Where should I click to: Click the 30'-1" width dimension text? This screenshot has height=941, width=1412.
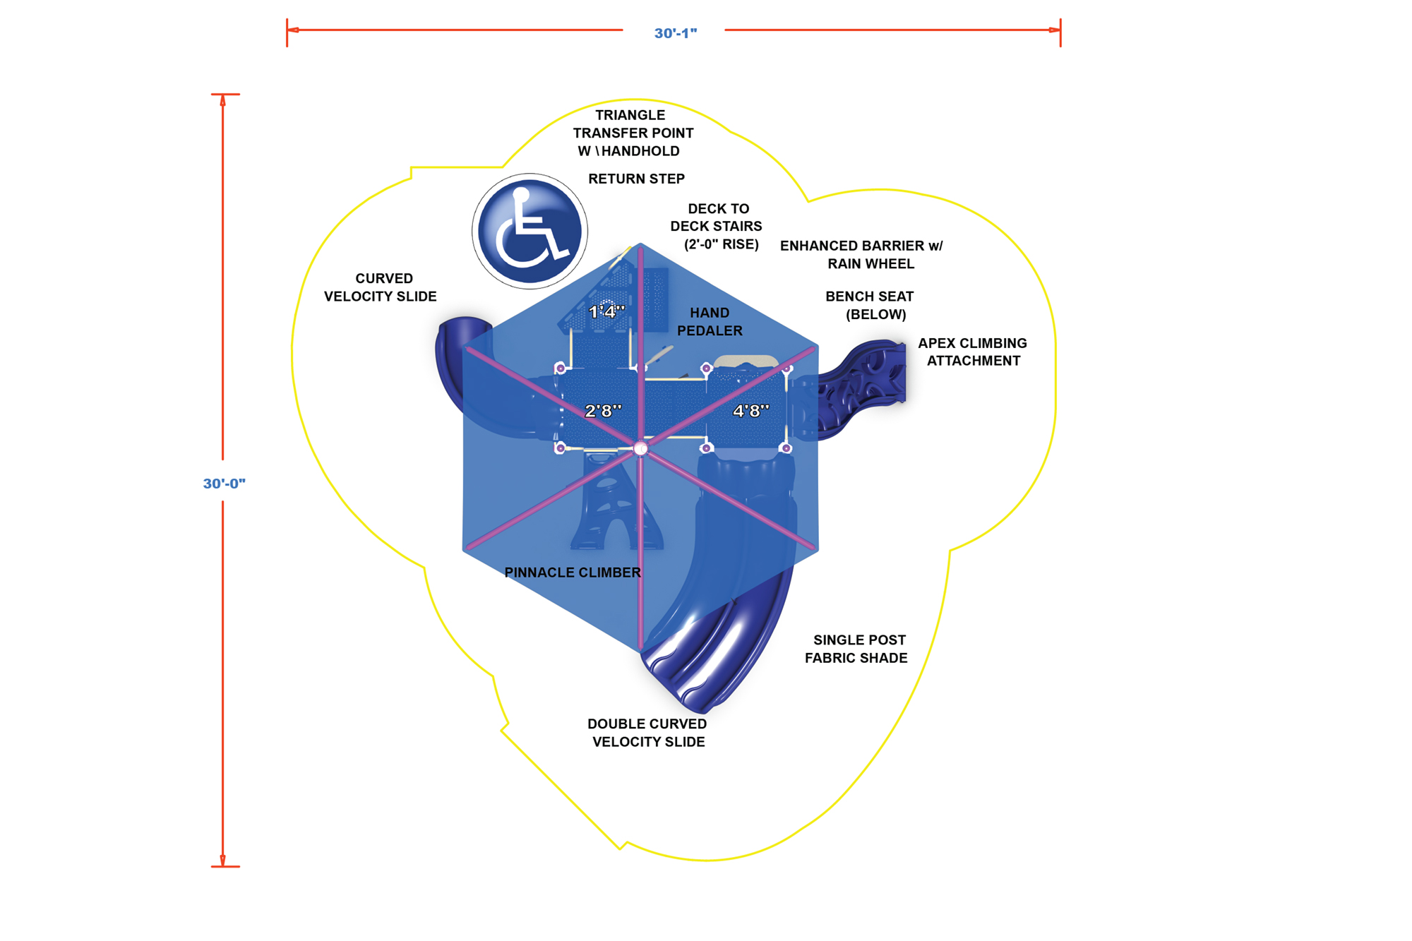(676, 33)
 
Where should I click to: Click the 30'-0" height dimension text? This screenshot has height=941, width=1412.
(225, 484)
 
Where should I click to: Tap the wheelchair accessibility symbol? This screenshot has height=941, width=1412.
(529, 232)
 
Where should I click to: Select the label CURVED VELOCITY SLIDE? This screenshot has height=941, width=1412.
(381, 287)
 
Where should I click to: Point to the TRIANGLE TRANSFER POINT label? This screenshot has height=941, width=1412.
(633, 133)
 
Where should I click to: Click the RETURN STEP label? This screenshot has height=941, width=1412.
(636, 179)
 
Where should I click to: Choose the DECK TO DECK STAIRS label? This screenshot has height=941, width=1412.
(717, 226)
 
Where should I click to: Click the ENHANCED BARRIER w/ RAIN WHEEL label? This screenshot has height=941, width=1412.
(861, 255)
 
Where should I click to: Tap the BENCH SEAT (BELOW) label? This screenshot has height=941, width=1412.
(870, 305)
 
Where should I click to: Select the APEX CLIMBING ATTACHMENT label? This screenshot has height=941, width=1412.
(973, 352)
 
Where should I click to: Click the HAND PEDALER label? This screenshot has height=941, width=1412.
(710, 321)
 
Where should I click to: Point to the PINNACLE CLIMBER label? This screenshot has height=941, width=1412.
(573, 573)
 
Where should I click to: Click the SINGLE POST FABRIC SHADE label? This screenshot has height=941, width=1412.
(856, 649)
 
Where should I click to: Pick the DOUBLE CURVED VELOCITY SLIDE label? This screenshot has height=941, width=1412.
(647, 733)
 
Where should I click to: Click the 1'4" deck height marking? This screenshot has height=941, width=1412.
(607, 311)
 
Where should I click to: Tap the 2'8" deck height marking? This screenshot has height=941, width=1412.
(604, 410)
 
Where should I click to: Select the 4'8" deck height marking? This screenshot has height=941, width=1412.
(751, 410)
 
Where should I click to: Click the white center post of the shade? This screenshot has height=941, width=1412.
(641, 448)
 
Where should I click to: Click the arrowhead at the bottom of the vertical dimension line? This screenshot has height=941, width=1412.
(223, 861)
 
